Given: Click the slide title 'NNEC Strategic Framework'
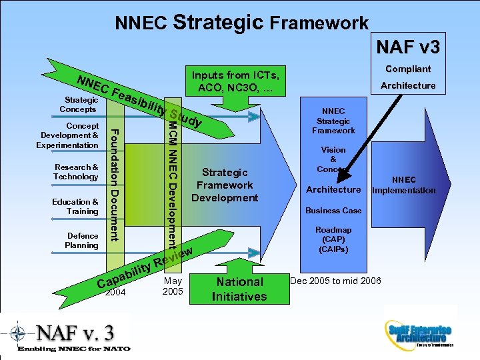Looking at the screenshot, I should (x=241, y=23).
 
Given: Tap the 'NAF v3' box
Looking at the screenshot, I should (x=407, y=47).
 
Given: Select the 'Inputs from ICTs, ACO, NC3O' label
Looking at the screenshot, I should (x=238, y=81).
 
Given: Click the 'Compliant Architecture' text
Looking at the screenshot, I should (x=407, y=77).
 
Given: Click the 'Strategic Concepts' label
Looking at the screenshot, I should (x=78, y=104).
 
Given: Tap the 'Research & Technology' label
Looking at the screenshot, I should (x=76, y=171).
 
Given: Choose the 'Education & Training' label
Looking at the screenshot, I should (x=75, y=206).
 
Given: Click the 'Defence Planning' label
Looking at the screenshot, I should (x=82, y=241).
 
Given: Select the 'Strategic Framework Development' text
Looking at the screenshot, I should (x=225, y=185).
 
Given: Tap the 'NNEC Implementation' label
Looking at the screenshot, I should (x=403, y=185).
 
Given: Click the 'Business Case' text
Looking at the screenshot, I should (x=333, y=211).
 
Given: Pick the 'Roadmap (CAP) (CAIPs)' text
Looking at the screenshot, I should (x=333, y=239).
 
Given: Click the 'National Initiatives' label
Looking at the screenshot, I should (x=239, y=289).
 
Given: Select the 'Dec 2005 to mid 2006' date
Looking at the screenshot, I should (x=335, y=281).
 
